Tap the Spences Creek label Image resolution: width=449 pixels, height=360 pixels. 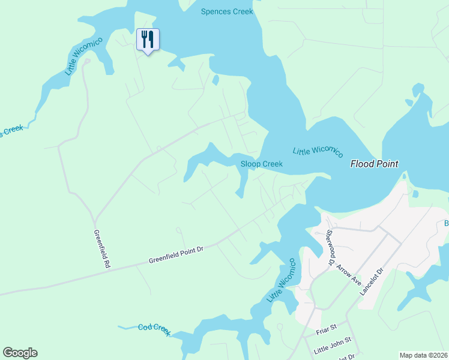click(227, 11)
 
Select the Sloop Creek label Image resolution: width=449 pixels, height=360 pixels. click(261, 164)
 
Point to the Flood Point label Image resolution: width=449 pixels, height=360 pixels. click(374, 164)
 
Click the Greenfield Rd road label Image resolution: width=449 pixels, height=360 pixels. click(102, 248)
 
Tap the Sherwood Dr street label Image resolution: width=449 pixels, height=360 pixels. click(330, 247)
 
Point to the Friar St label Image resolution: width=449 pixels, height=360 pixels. click(327, 329)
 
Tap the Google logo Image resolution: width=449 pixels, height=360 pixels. click(20, 353)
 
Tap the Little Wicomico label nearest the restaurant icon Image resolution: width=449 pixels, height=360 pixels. click(83, 56)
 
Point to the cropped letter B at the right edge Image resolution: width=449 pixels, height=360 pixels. click(446, 223)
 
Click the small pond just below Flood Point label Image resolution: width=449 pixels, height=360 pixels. click(414, 193)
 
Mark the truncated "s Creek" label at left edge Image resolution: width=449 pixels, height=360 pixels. click(11, 131)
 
